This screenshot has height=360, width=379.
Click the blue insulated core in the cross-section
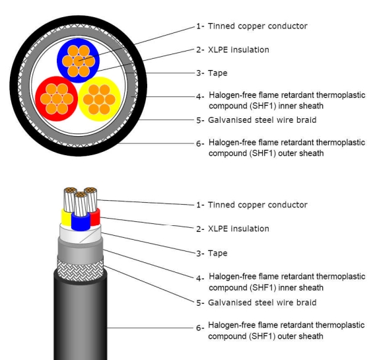[x=78, y=61]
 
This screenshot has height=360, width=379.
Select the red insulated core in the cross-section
[x=57, y=98]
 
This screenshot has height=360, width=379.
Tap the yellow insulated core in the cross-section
[x=99, y=99]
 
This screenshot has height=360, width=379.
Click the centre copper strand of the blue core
[x=79, y=61]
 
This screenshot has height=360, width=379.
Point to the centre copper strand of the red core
[x=57, y=99]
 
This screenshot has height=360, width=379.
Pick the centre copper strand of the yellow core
[x=99, y=99]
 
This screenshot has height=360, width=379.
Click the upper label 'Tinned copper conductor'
[x=258, y=26]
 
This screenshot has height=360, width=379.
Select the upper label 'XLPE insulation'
[x=238, y=50]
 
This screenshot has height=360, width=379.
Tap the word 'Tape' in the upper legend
[x=217, y=73]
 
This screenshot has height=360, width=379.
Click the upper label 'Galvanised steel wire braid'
[x=262, y=120]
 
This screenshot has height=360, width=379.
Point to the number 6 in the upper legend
[x=199, y=144]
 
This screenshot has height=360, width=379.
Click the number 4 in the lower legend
[x=199, y=279]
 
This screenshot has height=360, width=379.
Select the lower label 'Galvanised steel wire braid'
[x=262, y=303]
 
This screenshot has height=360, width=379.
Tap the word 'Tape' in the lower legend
[x=217, y=253]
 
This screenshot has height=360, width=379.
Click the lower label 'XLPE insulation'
[x=238, y=229]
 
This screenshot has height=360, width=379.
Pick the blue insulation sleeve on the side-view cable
[x=81, y=222]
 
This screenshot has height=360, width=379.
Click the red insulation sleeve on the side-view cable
[x=95, y=217]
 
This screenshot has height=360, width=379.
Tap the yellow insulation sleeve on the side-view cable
[x=66, y=217]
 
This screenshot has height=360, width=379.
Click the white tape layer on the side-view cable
[x=81, y=234]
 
